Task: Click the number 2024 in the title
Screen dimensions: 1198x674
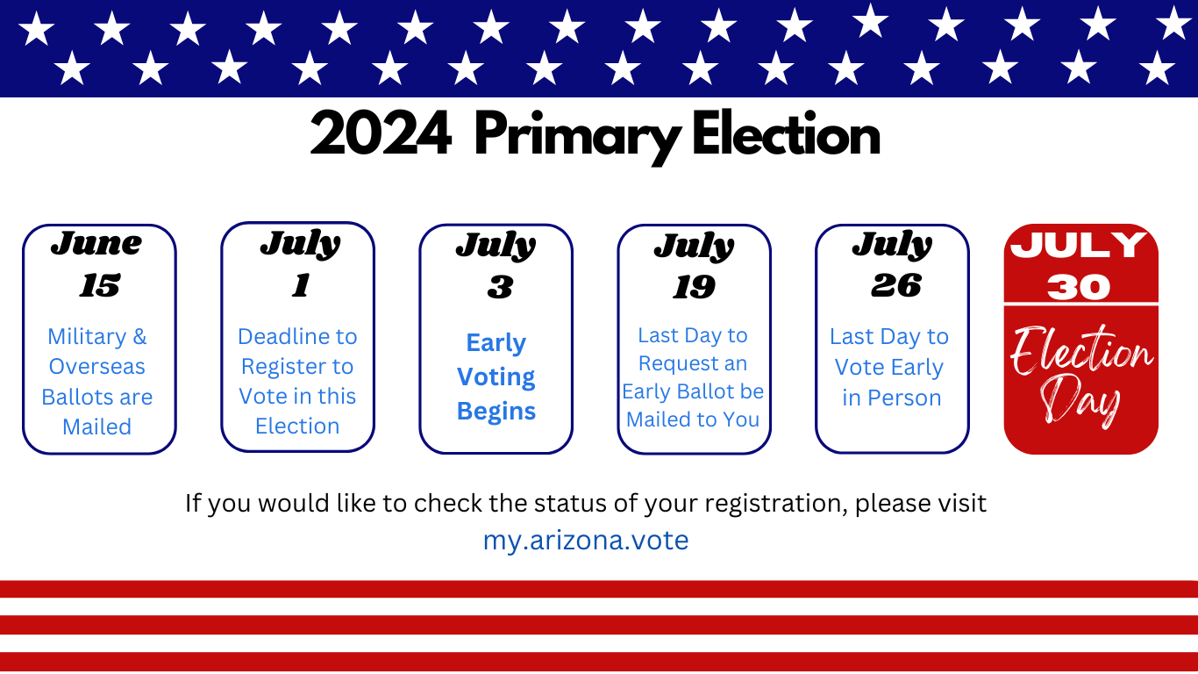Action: (381, 133)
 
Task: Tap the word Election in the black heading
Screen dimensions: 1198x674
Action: (786, 133)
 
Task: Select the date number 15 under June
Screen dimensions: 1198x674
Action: (100, 285)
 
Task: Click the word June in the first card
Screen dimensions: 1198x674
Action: (96, 244)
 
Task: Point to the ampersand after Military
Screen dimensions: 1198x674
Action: (139, 337)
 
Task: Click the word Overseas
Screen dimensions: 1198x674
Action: (96, 367)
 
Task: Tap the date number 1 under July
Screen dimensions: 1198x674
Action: (301, 285)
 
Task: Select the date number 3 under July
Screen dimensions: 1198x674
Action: (500, 287)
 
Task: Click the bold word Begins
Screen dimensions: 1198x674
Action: (496, 412)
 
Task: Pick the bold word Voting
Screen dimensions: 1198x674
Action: (496, 376)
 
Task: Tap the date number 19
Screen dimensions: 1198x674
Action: (695, 287)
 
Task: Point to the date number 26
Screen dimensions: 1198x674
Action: (896, 285)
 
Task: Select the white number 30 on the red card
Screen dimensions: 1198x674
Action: (1080, 287)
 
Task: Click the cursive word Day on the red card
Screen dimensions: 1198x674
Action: (1080, 400)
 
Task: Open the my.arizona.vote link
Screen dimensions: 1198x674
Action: (586, 540)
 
